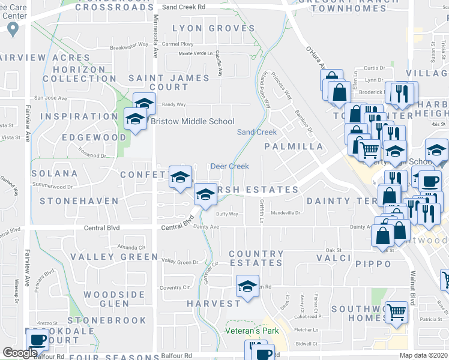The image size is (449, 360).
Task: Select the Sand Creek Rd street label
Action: (184, 7)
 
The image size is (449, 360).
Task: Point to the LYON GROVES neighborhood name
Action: (214, 28)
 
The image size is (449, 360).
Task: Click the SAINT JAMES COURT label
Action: (169, 82)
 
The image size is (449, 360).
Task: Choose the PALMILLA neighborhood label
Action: (294, 146)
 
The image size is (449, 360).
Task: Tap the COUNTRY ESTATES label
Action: (256, 259)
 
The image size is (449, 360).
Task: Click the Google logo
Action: (20, 353)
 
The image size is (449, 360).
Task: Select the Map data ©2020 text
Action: (423, 355)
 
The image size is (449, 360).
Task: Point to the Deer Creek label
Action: (229, 166)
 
